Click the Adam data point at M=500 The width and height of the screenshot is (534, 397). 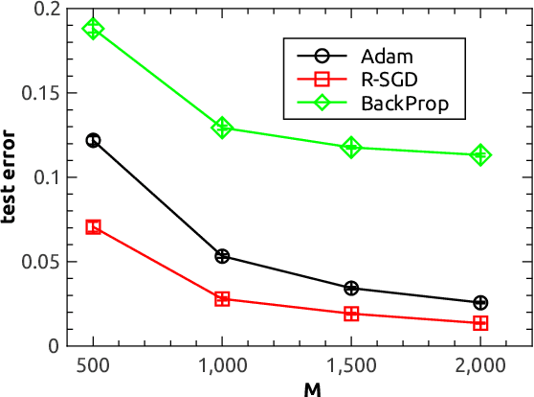point(93,140)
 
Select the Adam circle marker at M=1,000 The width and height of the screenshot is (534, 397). point(222,256)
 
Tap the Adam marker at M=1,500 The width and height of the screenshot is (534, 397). point(351,288)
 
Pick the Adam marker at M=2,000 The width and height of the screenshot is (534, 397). point(480,303)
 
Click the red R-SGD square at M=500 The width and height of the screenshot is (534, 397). point(93,227)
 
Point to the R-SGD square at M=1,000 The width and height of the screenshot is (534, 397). point(222,299)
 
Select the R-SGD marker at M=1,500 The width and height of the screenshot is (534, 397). point(351,314)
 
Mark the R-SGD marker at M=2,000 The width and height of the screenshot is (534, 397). point(480,323)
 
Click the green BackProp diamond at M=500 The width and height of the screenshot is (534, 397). point(93,29)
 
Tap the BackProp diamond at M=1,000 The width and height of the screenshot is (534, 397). point(222,128)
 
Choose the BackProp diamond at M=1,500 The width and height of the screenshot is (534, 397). point(351,147)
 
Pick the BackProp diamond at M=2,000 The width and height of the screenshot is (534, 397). point(480,154)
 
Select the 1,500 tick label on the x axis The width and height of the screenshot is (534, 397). point(351,366)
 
